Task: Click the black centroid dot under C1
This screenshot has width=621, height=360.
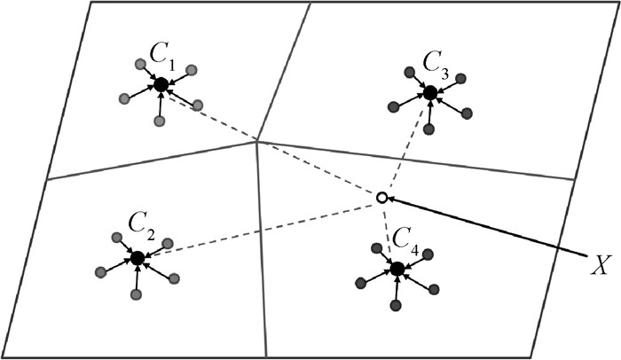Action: tap(161, 85)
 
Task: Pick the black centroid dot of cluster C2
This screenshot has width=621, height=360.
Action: tap(137, 258)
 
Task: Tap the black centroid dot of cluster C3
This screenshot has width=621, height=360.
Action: tap(430, 92)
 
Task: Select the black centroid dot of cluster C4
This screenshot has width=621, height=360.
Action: tap(397, 268)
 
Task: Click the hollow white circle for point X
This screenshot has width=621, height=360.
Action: tap(381, 198)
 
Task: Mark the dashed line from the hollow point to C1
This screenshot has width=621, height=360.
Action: tap(266, 139)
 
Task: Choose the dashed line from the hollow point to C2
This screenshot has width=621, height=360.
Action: tap(257, 229)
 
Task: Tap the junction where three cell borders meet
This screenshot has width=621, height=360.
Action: tap(256, 141)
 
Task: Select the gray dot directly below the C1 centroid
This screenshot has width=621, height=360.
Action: tap(160, 120)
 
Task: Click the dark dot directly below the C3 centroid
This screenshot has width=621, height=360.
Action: tap(429, 129)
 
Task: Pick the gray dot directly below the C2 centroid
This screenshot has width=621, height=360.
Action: tap(136, 293)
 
